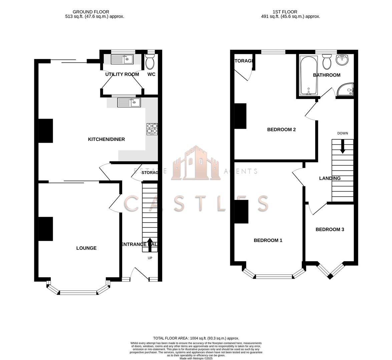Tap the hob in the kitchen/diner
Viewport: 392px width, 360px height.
[x=152, y=129]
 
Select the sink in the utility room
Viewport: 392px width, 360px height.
[x=122, y=59]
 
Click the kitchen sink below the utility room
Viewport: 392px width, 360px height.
[x=129, y=102]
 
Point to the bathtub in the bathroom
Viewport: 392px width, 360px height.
[x=309, y=75]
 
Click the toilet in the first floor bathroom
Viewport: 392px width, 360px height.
[x=327, y=62]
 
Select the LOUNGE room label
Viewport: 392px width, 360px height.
[x=86, y=248]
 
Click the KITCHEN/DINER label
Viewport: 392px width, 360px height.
[x=106, y=139]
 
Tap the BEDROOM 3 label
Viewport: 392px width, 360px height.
[x=330, y=229]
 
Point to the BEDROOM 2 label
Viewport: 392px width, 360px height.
[x=281, y=130]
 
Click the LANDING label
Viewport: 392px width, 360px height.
[x=330, y=178]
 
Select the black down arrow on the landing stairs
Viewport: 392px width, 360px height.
[x=342, y=147]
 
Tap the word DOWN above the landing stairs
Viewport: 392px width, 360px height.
[x=342, y=133]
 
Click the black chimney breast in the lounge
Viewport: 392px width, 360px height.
[x=46, y=229]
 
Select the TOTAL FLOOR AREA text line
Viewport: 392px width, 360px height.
[x=196, y=338]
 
